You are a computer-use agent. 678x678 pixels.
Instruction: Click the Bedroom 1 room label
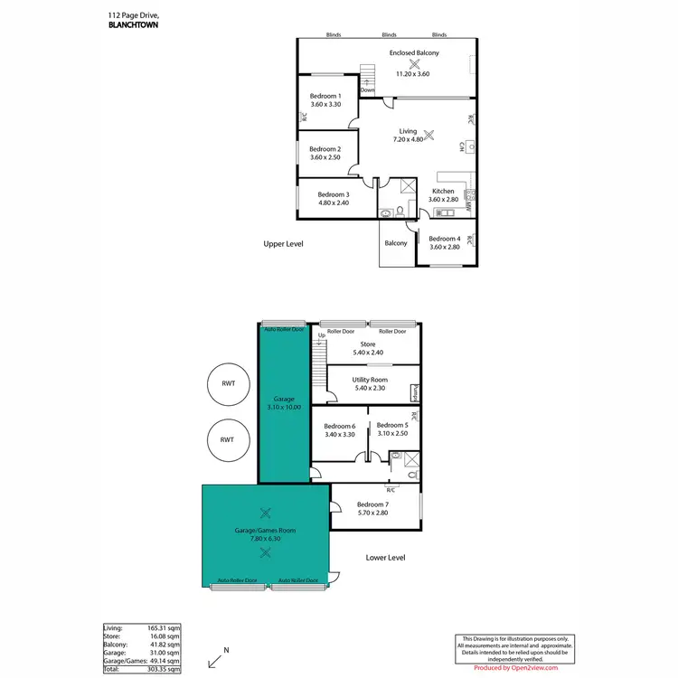point(325,96)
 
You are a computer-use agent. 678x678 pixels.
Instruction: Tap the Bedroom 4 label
point(444,239)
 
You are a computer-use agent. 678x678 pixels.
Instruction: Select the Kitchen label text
point(443,192)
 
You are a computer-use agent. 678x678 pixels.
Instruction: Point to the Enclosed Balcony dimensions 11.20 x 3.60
point(414,73)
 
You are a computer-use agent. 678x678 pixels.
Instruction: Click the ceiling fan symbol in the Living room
point(428,137)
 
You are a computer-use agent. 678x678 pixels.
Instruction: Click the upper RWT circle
point(227,383)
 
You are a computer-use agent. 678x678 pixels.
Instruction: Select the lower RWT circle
point(227,439)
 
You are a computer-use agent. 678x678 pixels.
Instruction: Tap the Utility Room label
point(370,380)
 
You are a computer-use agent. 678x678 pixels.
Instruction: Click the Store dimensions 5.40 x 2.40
point(367,353)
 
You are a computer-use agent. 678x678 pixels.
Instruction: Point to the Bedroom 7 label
point(372,504)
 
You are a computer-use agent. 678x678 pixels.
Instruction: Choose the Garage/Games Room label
point(265,531)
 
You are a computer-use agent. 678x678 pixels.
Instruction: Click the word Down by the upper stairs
point(367,90)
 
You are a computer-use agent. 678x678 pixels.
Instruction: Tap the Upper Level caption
point(283,244)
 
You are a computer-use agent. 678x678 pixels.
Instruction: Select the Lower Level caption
point(385,558)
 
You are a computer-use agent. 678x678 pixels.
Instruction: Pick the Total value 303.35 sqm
point(164,669)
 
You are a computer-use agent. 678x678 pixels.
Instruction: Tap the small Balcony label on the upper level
point(396,243)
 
